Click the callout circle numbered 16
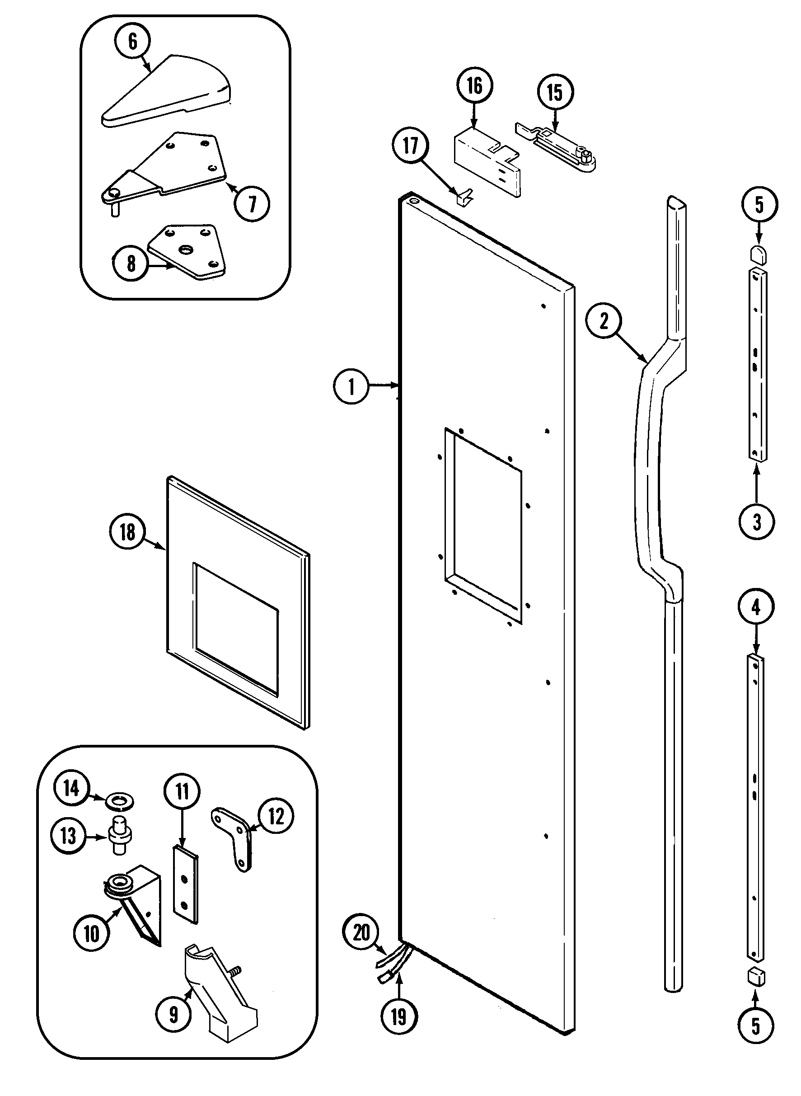(x=474, y=86)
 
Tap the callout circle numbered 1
(x=351, y=386)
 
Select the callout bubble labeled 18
(x=127, y=532)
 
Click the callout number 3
(x=756, y=522)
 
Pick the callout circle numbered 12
(x=276, y=816)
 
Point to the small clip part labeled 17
(x=464, y=198)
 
